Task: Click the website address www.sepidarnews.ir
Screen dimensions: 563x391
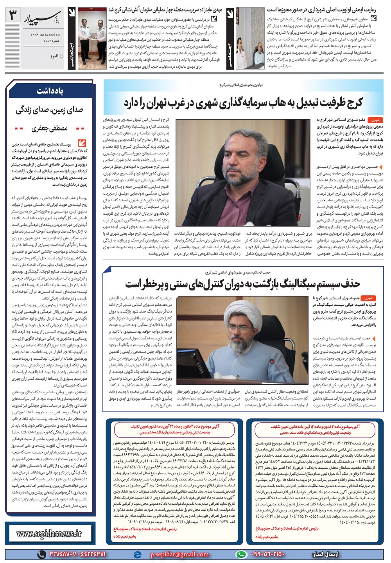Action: [49, 533]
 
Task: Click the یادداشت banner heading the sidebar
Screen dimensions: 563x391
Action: [50, 91]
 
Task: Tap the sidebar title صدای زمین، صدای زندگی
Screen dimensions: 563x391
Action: [50, 110]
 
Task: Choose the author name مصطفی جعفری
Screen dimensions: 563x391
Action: [50, 128]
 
